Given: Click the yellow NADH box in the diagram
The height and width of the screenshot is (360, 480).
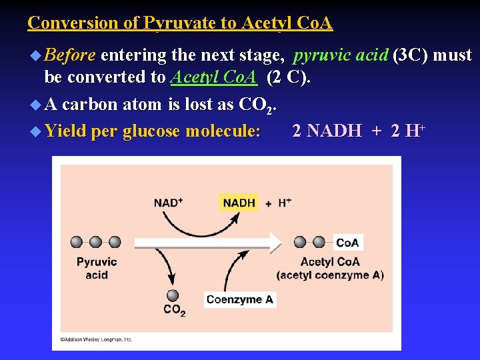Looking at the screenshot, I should coord(239,202).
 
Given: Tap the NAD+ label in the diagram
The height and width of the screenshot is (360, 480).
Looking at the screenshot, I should coord(169,203).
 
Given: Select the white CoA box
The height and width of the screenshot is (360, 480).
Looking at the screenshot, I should coord(347,243).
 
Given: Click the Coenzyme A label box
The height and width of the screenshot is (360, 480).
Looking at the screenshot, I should coord(240,299).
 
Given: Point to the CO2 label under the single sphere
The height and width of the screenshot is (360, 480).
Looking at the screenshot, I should coord(174,310).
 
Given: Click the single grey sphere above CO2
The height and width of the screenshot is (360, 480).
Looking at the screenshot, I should coord(173,295).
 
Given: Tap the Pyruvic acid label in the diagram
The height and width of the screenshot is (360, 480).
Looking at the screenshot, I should coord(97,268).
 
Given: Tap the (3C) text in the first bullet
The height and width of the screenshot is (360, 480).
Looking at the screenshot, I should coord(411,55).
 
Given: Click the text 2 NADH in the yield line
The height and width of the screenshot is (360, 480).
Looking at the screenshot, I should coord(327,131).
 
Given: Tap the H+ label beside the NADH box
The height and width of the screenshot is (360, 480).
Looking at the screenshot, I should coord(284,203).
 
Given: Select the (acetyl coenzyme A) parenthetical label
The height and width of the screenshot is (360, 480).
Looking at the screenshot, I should coord(330,275).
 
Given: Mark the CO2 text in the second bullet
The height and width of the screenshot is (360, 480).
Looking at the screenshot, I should coord(257,105).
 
